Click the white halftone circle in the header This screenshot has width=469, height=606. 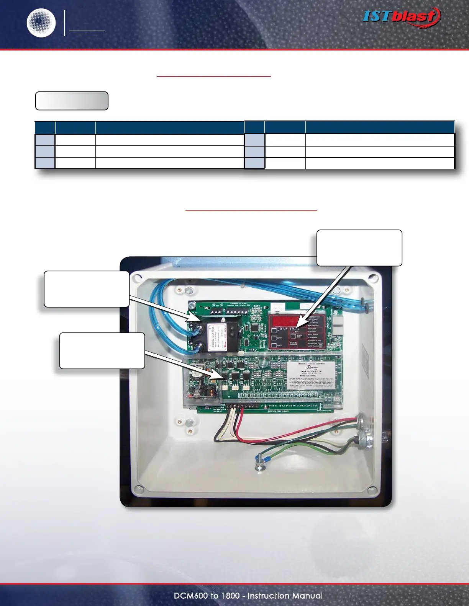(41, 23)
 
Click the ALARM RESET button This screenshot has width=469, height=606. (294, 336)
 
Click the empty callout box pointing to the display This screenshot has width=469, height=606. (359, 248)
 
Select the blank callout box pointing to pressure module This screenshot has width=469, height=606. (87, 289)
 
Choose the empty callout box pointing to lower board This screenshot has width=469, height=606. (102, 351)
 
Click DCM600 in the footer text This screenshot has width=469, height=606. (190, 596)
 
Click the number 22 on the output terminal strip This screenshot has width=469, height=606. (315, 406)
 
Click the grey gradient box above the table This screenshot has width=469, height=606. (72, 101)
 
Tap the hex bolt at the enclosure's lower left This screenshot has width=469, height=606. (189, 423)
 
